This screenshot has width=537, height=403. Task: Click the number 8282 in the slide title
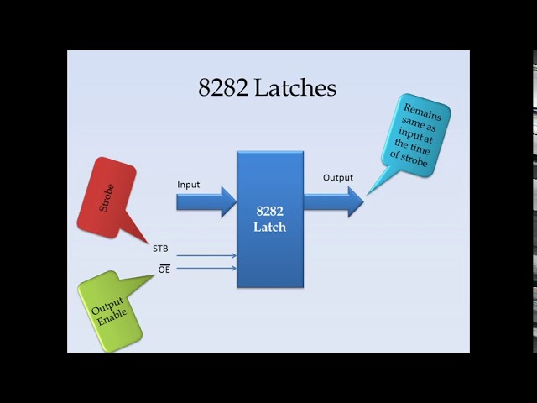(x=222, y=87)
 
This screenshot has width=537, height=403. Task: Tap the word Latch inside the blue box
(x=269, y=228)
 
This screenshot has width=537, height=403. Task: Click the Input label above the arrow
(x=189, y=184)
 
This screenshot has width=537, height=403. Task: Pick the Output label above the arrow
(x=338, y=177)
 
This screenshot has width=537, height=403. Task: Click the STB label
(x=160, y=249)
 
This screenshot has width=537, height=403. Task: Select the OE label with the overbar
(x=164, y=270)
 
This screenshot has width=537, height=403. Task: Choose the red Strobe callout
(x=106, y=197)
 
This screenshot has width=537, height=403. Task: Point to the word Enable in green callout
(x=112, y=317)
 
